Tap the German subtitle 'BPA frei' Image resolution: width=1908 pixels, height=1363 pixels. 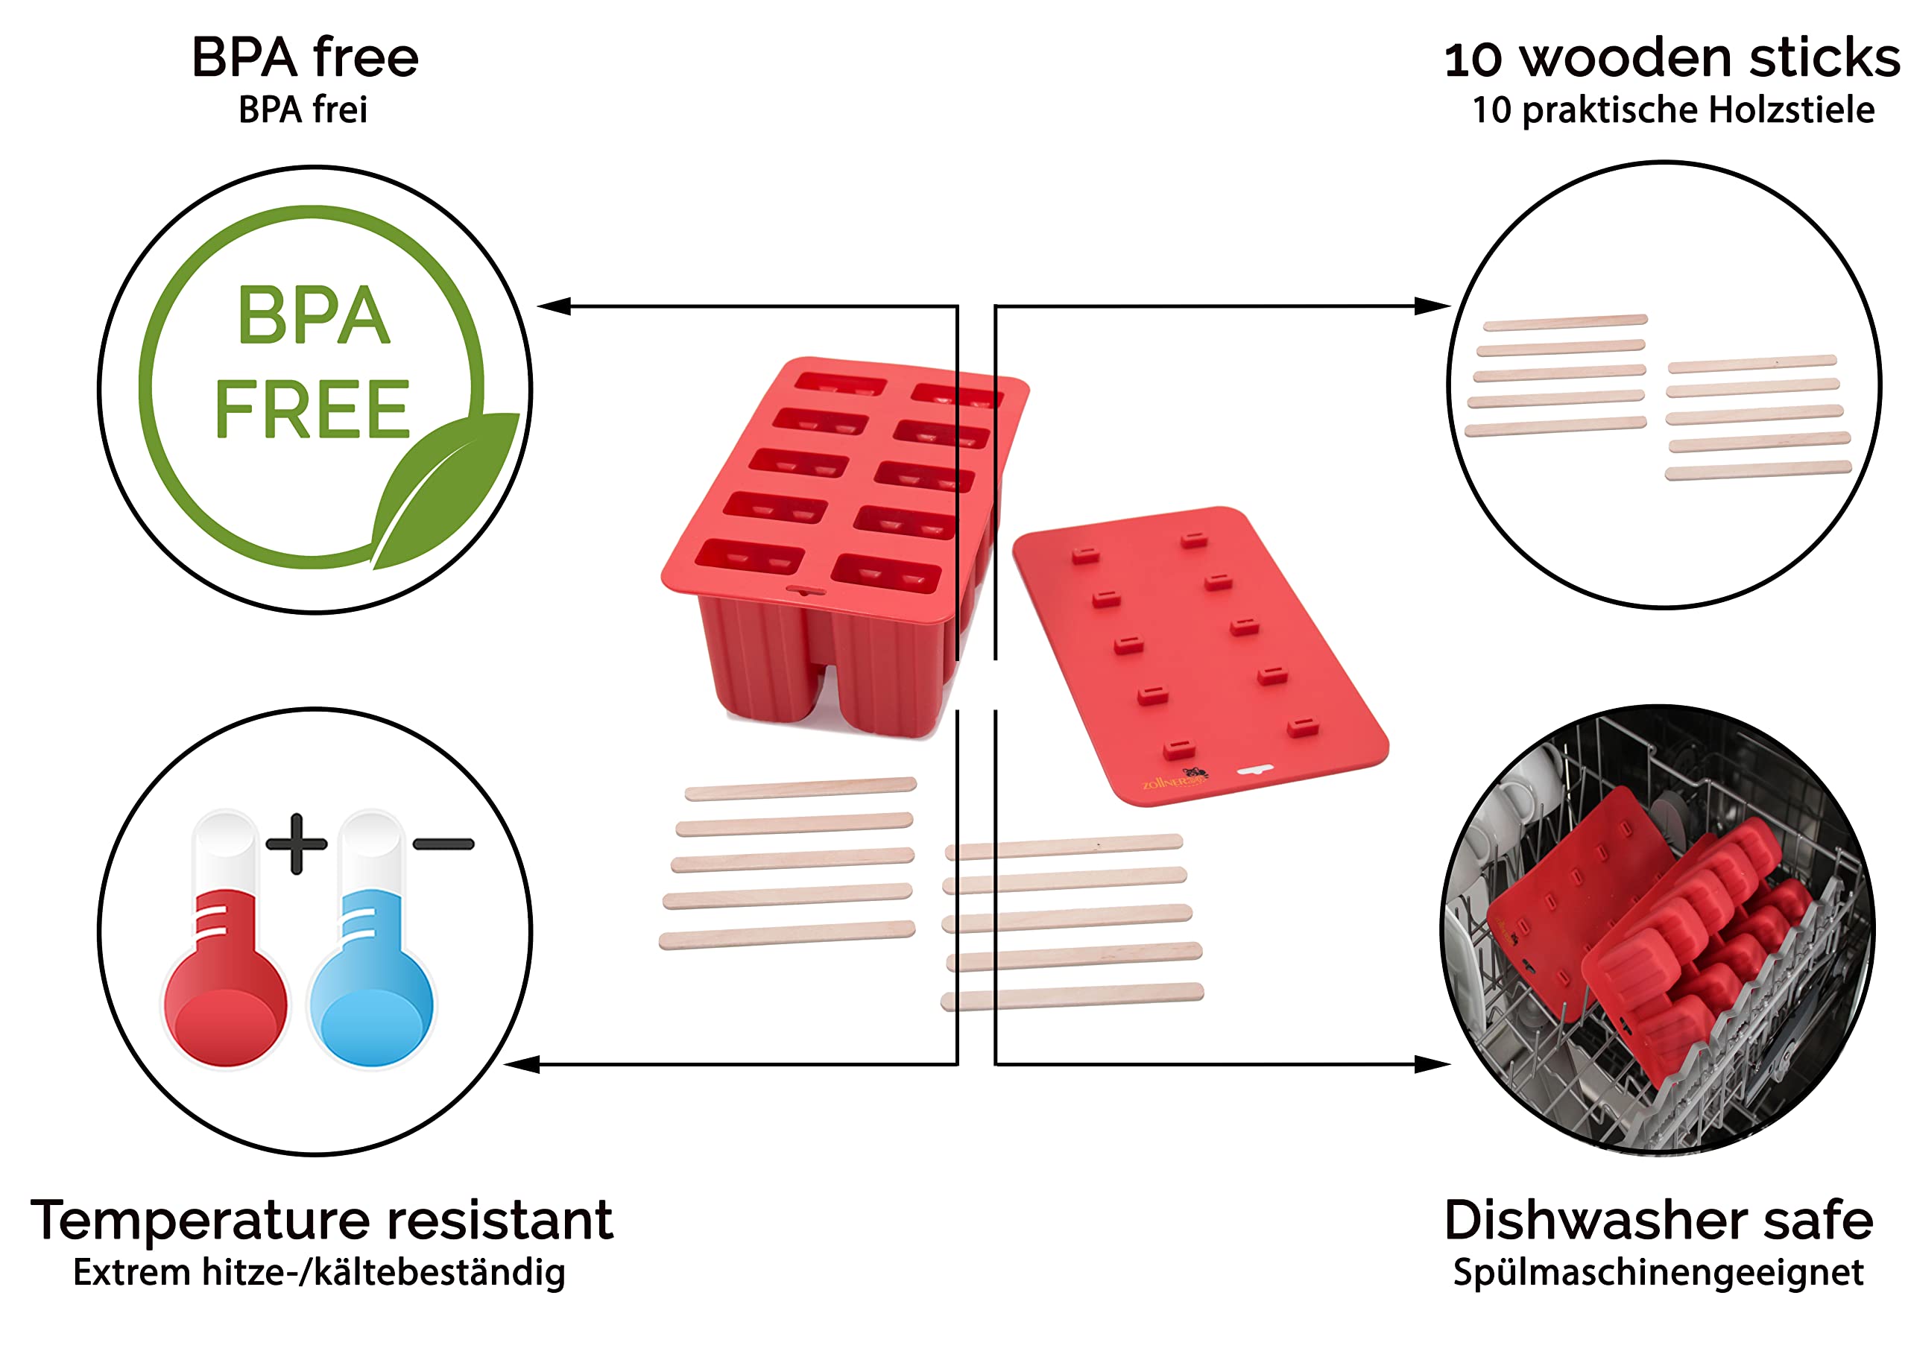pyautogui.click(x=303, y=110)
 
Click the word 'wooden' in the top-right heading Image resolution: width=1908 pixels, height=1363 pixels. pyautogui.click(x=1626, y=59)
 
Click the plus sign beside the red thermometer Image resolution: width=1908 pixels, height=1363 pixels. pyautogui.click(x=297, y=844)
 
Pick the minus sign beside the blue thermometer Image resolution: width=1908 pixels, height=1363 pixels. pyautogui.click(x=443, y=844)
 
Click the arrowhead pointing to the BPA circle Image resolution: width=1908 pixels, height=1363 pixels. pyautogui.click(x=554, y=306)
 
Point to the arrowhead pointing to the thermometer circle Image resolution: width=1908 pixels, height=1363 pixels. pyautogui.click(x=522, y=1064)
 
